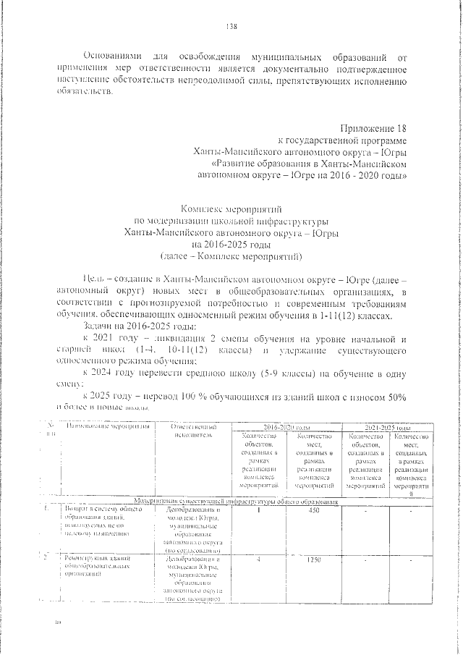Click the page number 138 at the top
(231, 28)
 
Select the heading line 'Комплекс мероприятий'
(231, 207)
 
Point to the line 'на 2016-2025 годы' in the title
(231, 245)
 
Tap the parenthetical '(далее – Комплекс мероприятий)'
(231, 257)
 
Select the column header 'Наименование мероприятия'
(108, 428)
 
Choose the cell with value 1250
(315, 560)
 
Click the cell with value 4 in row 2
(258, 560)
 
